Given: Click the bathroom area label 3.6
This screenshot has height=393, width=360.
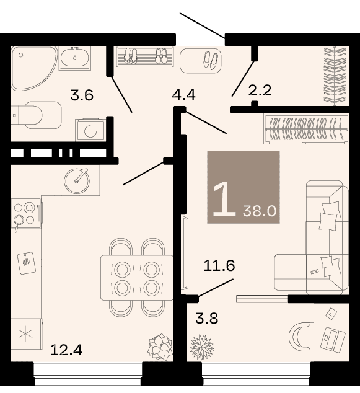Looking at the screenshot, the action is [x=82, y=95].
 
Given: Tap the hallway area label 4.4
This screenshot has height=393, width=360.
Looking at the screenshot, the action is [x=184, y=95].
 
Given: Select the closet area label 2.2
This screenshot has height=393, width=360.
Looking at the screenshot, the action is [x=260, y=91].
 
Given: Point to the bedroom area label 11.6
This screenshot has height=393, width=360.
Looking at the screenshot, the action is [x=219, y=266].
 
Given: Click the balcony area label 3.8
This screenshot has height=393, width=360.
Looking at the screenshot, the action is [x=207, y=319].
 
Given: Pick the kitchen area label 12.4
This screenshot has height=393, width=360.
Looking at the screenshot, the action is [x=66, y=350].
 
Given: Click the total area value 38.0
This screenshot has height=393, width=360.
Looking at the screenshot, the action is [x=260, y=211].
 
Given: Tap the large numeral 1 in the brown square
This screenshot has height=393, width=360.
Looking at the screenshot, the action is [x=224, y=199].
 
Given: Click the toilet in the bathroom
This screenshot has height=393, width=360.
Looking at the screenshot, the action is [x=37, y=115].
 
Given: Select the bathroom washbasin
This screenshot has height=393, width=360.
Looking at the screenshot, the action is [x=75, y=58].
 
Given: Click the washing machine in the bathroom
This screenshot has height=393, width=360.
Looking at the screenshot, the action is [x=90, y=130].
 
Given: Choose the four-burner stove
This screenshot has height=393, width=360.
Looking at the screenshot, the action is [x=26, y=213].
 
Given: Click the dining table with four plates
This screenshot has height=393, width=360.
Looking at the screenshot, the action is [x=137, y=278].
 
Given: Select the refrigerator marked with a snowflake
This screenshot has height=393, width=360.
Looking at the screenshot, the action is [x=26, y=334].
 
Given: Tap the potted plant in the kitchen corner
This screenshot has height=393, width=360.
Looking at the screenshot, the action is [x=160, y=347].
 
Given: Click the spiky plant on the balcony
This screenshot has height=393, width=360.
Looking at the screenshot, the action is [x=201, y=347].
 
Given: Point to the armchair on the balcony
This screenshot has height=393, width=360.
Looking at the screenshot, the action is [x=301, y=337].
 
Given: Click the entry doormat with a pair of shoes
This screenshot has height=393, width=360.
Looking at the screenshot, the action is [x=201, y=61].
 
